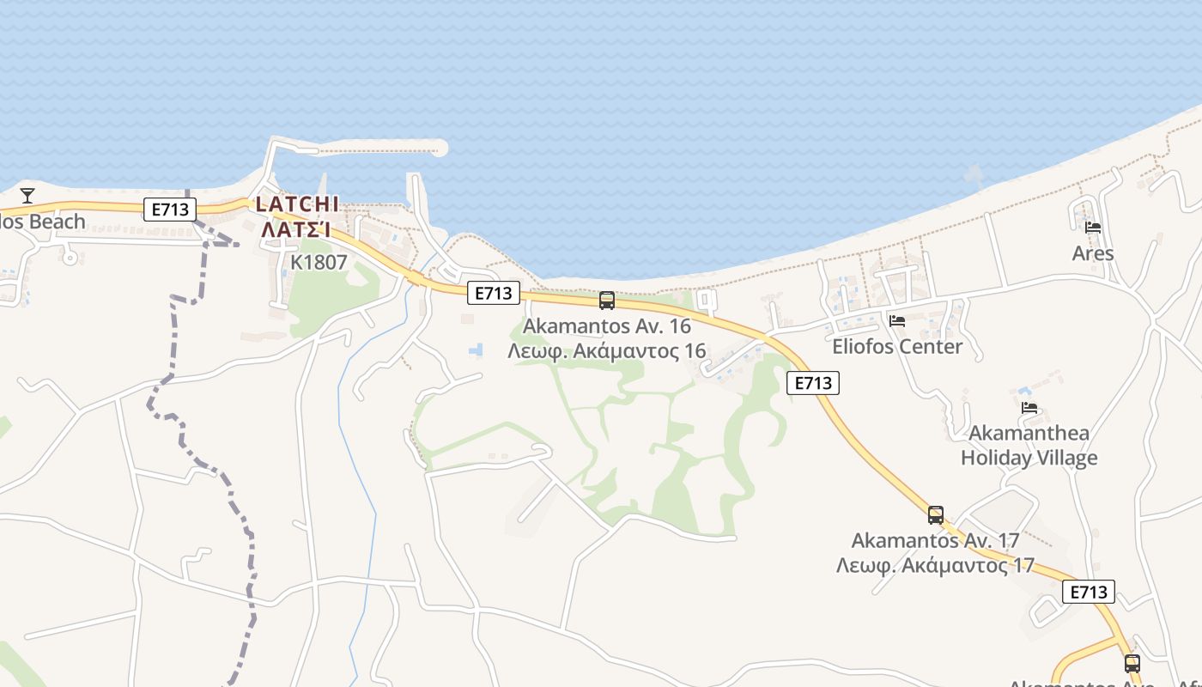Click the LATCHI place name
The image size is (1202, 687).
click(x=297, y=204)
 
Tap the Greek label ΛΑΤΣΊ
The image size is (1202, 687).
click(x=297, y=229)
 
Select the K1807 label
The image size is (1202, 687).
click(x=319, y=263)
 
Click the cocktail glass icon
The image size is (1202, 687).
click(x=27, y=196)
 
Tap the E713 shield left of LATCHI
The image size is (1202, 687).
click(x=170, y=209)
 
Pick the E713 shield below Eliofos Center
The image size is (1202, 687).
click(x=812, y=383)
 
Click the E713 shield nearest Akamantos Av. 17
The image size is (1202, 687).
click(x=1088, y=592)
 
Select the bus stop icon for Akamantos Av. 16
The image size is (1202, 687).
click(x=607, y=301)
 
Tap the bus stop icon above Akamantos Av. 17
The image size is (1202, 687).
click(x=936, y=515)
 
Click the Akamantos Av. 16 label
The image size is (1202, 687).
click(x=607, y=326)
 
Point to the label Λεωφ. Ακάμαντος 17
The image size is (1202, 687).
click(x=935, y=566)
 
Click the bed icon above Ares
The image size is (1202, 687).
click(x=1093, y=228)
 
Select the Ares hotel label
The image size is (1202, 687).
click(x=1093, y=253)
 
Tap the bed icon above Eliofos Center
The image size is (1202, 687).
click(x=897, y=321)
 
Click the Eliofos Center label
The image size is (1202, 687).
click(x=897, y=347)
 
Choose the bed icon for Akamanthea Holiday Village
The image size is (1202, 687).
click(x=1029, y=407)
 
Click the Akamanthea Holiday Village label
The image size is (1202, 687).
click(x=1029, y=445)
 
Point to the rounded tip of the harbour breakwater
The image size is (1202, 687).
click(x=440, y=149)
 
